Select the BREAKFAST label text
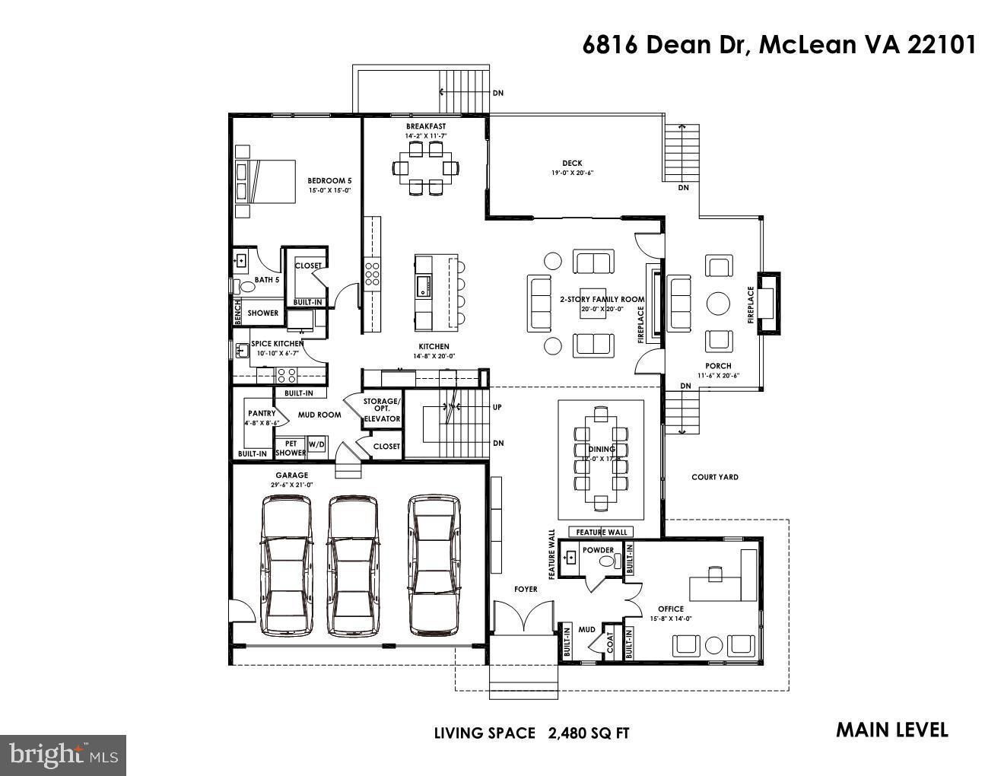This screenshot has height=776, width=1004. coord(425,126)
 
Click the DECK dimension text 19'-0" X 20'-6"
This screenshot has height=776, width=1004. coord(572,173)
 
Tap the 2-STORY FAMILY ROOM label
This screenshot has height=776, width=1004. coord(602,299)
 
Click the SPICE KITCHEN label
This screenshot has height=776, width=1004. coord(278,344)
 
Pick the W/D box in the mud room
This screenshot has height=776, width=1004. coord(316,444)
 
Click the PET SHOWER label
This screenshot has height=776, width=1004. coord(290,448)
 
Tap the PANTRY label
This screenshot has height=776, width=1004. coord(261,414)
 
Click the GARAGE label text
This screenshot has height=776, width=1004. coord(291,475)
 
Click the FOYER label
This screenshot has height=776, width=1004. coord(526,589)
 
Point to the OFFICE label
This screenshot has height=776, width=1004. coord(670,609)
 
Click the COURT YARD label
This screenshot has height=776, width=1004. coord(714,477)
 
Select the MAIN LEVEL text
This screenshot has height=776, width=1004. coord(891,730)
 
